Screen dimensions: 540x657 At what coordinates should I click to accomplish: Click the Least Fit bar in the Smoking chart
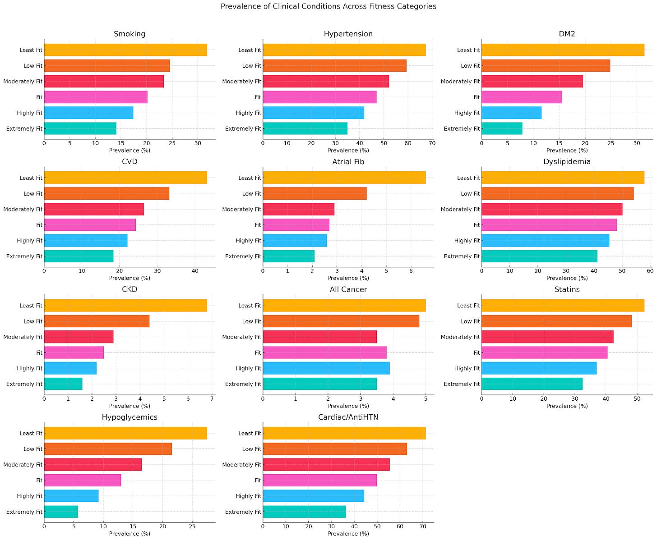click(x=125, y=50)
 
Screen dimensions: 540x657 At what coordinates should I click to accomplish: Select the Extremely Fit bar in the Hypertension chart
click(x=305, y=128)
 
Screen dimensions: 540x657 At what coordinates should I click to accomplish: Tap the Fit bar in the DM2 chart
click(x=522, y=97)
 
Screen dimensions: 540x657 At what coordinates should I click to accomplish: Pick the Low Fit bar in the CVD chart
click(x=106, y=193)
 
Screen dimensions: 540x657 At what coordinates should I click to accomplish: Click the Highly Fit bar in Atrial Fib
click(x=295, y=240)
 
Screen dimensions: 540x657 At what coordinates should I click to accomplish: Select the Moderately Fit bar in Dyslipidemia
click(x=552, y=209)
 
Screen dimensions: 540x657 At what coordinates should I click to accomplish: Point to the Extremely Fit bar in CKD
click(x=63, y=384)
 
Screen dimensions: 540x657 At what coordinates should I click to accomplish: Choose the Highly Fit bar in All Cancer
click(x=326, y=368)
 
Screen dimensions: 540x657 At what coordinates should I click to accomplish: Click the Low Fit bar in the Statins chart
click(x=556, y=321)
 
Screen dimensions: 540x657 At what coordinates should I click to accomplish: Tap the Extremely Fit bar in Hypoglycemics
click(x=61, y=512)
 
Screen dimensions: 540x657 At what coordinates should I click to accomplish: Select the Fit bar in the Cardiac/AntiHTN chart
click(x=319, y=480)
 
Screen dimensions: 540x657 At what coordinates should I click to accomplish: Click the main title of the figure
click(x=328, y=6)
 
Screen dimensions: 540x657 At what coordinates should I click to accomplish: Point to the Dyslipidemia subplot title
click(x=567, y=161)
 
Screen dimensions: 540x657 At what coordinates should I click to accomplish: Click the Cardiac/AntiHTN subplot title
click(x=348, y=417)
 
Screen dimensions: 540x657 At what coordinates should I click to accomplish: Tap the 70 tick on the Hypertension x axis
click(x=432, y=143)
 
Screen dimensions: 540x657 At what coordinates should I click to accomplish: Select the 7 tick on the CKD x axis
click(x=212, y=398)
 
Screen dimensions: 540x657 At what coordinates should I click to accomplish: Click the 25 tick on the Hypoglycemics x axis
click(x=192, y=526)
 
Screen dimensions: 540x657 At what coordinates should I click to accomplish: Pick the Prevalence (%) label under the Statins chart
click(x=567, y=406)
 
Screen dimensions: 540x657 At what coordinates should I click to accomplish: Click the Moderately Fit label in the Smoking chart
click(x=23, y=82)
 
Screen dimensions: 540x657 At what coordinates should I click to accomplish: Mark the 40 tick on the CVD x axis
click(x=195, y=271)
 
